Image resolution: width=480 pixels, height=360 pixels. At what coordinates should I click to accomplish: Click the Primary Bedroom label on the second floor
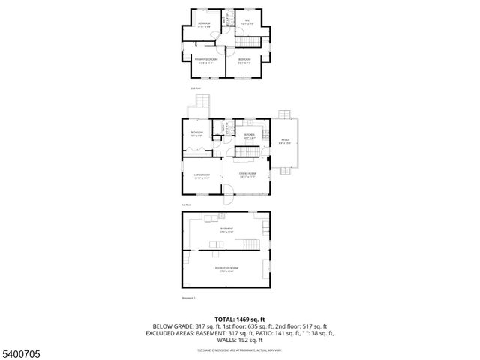click(206, 59)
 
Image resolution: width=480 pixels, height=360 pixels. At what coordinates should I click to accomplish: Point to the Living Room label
click(202, 175)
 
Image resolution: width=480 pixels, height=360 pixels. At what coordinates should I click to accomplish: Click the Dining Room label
click(248, 175)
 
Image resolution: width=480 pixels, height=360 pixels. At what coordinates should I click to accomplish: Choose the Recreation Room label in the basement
click(226, 268)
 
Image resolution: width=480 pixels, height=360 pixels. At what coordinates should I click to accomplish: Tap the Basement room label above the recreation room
click(226, 230)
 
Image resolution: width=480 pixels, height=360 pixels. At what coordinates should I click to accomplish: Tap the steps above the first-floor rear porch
click(200, 101)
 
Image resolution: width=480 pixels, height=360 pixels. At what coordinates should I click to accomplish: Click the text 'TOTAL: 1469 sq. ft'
click(239, 319)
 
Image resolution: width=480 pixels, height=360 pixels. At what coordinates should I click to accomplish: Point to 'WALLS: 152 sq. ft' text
click(239, 340)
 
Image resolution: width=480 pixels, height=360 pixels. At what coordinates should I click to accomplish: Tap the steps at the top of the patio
click(284, 114)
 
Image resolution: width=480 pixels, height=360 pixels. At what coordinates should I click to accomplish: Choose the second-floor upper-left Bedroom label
click(204, 25)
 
